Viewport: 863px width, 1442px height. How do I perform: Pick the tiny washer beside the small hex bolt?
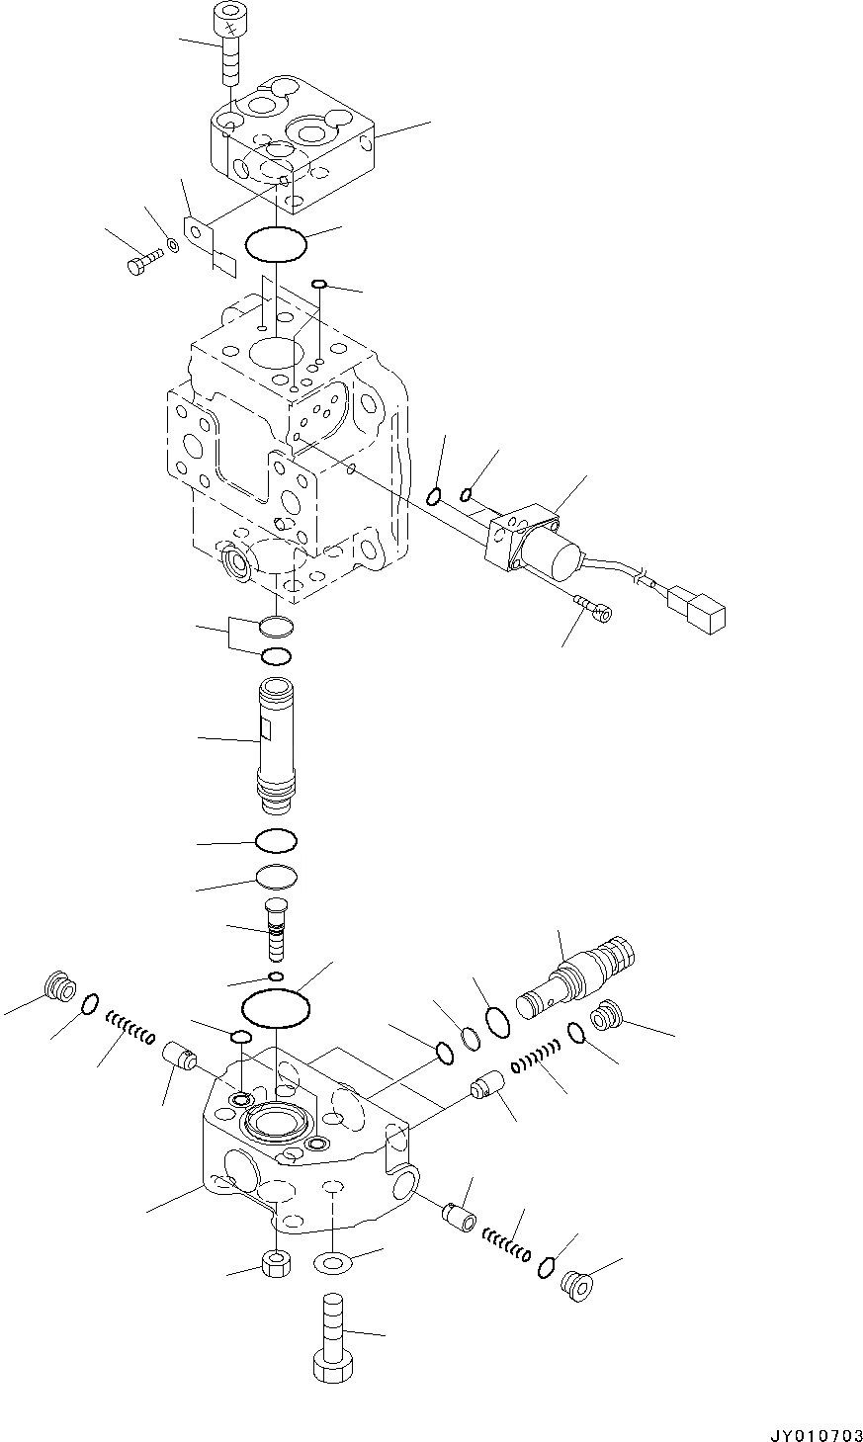click(173, 244)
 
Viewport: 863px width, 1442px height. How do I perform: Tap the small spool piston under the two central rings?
click(277, 928)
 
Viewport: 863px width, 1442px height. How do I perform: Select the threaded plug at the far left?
click(62, 986)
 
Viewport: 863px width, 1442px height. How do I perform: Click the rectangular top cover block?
click(292, 143)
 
